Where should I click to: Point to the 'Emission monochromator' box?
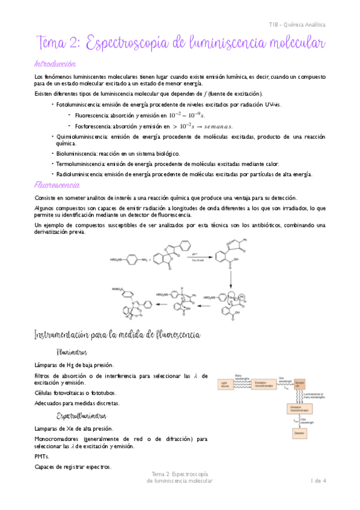click(300, 409)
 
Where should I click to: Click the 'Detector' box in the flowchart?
click(300, 433)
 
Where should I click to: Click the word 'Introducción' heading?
click(55, 63)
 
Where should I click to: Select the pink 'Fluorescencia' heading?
click(58, 185)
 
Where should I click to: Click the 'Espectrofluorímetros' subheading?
click(81, 416)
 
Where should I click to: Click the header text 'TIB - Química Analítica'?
click(297, 25)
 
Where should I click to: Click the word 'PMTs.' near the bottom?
click(41, 456)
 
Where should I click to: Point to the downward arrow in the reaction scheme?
click(231, 277)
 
